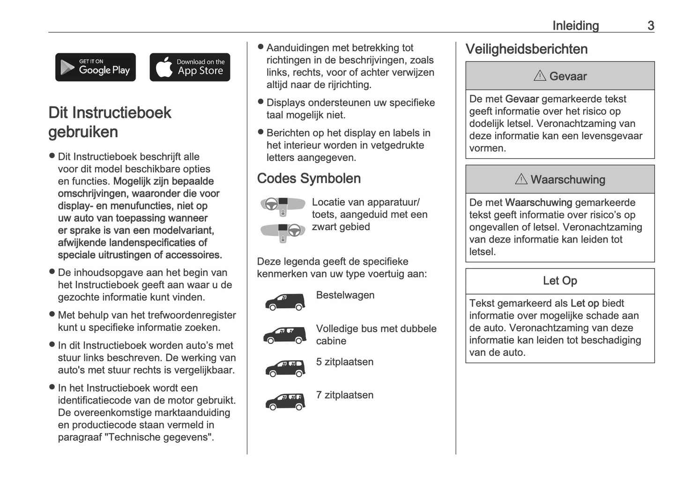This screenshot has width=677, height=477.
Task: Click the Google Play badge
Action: tap(96, 67)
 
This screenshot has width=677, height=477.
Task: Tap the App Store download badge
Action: tap(190, 67)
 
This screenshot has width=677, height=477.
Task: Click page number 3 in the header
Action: tap(650, 26)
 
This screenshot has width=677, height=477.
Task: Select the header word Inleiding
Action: tap(575, 26)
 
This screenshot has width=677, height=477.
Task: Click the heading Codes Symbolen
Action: tap(309, 179)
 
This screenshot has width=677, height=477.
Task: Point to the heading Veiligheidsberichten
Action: tap(526, 49)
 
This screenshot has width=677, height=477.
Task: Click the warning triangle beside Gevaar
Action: tap(540, 76)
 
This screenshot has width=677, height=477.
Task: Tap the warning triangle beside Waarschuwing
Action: tap(521, 179)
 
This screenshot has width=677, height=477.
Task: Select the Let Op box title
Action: tap(560, 281)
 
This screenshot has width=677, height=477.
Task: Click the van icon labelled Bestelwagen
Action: tap(285, 302)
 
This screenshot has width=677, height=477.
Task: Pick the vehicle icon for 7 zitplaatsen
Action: tap(285, 402)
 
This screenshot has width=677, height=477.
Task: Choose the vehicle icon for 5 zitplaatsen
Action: tap(285, 368)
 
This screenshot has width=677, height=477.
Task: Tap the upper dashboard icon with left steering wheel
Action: tap(279, 205)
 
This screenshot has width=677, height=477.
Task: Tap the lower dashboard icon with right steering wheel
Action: tap(281, 231)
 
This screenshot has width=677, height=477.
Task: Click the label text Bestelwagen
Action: tap(345, 295)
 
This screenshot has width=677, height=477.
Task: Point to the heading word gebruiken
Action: tap(83, 132)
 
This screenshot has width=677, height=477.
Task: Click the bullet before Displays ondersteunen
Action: tap(261, 102)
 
